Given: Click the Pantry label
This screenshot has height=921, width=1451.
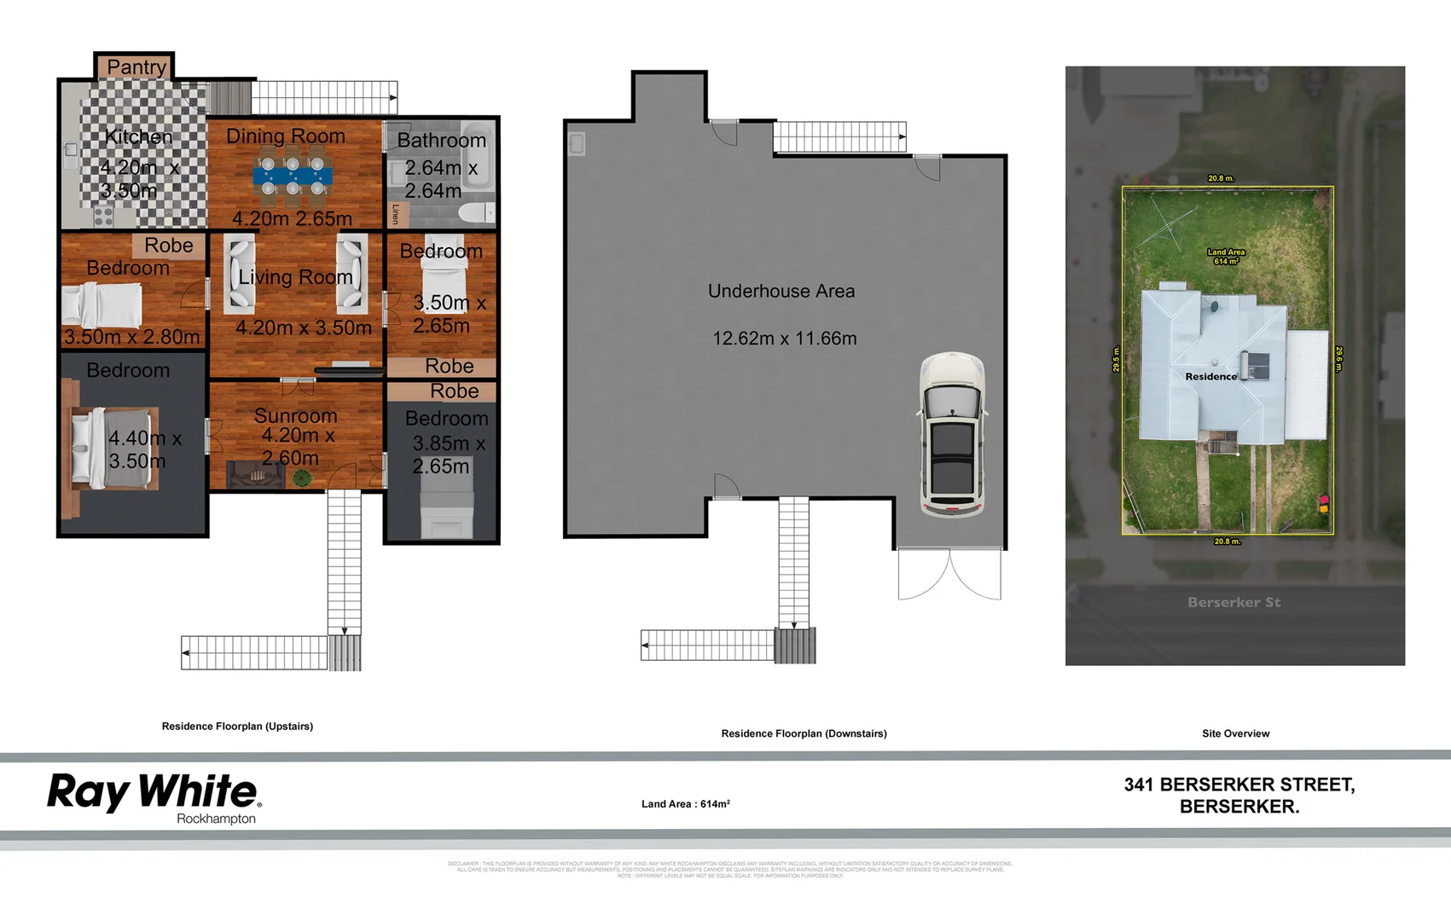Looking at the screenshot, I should (136, 67).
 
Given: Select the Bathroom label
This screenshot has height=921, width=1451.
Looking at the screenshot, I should (441, 140).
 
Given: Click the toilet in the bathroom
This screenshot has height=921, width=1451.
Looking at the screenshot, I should (473, 212).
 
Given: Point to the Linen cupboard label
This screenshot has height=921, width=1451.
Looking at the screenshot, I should (396, 214).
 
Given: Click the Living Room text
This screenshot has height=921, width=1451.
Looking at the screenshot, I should (295, 277).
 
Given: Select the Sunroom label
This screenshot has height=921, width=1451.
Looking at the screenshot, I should (295, 415).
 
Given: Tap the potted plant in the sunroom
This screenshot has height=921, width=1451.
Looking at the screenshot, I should (301, 478).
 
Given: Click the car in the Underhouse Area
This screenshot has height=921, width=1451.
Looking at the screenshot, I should (953, 435).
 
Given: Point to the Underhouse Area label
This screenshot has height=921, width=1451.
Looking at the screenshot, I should (781, 291).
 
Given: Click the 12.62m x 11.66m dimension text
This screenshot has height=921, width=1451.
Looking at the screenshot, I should (784, 339).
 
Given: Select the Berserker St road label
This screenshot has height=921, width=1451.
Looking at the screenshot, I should (1233, 602).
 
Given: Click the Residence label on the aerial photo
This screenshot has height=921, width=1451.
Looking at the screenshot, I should (1210, 376).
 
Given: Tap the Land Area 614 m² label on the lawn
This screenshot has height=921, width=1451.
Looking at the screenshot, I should (1226, 257).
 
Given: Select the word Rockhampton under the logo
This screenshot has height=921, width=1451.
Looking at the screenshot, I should (216, 819).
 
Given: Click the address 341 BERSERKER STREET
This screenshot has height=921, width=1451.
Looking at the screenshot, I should (1239, 785).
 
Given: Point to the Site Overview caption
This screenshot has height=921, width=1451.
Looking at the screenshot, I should (1235, 733).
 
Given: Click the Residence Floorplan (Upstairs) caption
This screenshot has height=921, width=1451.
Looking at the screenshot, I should (237, 727).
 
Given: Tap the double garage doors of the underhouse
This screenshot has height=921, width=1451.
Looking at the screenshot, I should (949, 574).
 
